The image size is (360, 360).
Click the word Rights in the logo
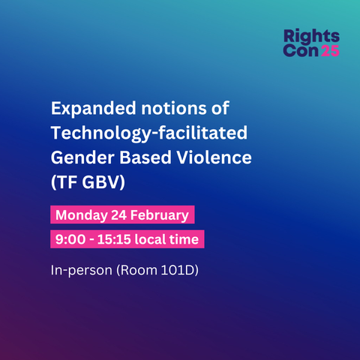click(311, 37)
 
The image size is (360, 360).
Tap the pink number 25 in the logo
click(330, 51)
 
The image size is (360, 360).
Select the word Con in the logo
click(301, 51)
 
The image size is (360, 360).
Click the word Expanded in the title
click(94, 109)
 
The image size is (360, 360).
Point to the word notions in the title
click(174, 108)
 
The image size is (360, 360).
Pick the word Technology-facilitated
click(149, 133)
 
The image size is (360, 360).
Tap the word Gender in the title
click(82, 157)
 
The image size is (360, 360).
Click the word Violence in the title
click(214, 157)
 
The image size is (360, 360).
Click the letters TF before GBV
click(67, 182)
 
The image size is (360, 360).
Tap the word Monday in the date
click(82, 215)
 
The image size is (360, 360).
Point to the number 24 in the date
click(118, 215)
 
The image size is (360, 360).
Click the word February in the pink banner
click(160, 215)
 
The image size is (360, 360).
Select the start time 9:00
click(70, 239)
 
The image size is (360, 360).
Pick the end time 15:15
click(114, 239)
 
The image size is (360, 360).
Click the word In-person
click(82, 271)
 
